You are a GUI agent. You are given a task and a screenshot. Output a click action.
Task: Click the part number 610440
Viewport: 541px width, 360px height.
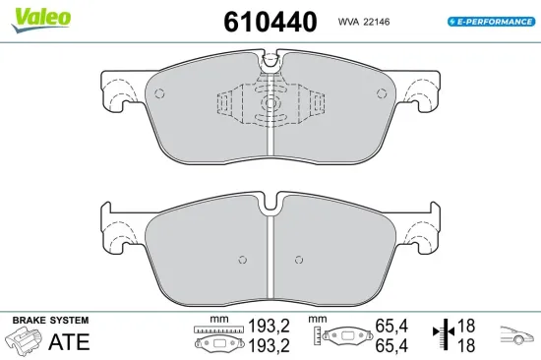(x=270, y=21)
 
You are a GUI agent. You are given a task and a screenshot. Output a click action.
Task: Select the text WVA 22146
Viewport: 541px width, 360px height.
(x=365, y=20)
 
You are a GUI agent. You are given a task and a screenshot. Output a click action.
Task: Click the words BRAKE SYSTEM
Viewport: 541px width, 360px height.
(x=49, y=321)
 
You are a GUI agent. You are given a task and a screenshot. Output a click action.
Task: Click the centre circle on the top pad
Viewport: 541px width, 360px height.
(x=269, y=103)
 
